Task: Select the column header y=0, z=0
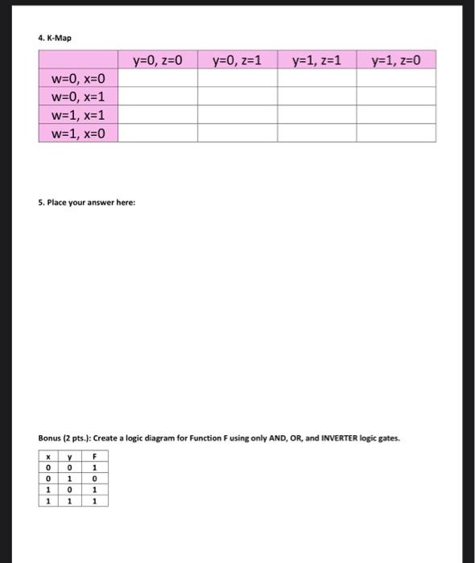[x=158, y=60]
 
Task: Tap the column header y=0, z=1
[x=237, y=60]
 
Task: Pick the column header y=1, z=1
[x=317, y=60]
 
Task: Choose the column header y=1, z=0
[x=396, y=60]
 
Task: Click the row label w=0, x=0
[x=78, y=79]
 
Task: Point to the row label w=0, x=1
[x=78, y=97]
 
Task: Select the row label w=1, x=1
[x=78, y=115]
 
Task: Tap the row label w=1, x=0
[x=78, y=133]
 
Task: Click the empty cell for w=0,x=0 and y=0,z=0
[x=158, y=79]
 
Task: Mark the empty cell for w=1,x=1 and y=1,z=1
[x=317, y=115]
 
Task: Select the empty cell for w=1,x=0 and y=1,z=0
[x=396, y=133]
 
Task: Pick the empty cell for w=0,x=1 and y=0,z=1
[x=237, y=97]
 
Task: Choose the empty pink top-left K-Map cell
[x=78, y=60]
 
